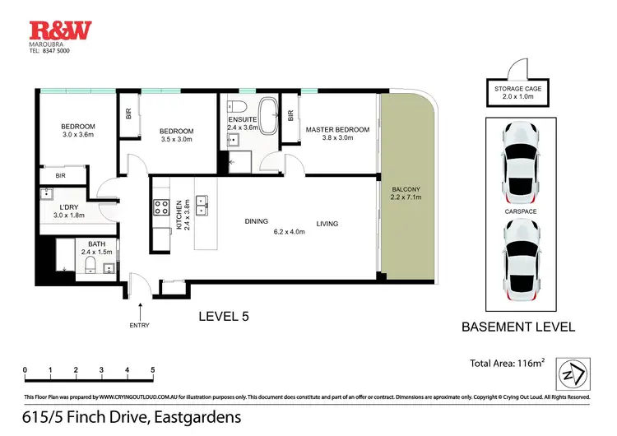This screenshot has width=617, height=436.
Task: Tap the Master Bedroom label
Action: tap(337, 129)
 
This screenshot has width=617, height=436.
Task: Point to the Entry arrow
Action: tap(140, 311)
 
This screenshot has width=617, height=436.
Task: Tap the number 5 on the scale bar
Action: tap(153, 369)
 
